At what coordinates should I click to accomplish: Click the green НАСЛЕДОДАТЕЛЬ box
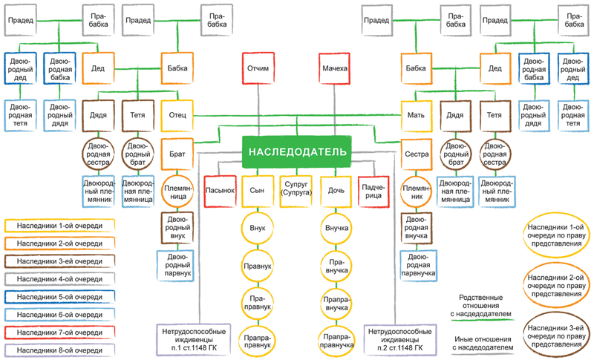click(296, 152)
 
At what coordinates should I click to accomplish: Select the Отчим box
click(258, 68)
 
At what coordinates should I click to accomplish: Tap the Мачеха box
click(335, 68)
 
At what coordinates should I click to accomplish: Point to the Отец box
click(177, 115)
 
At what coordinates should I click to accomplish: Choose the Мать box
click(417, 116)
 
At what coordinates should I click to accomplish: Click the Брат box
click(177, 154)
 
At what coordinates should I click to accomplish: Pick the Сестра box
click(417, 154)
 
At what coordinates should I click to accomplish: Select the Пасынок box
click(220, 191)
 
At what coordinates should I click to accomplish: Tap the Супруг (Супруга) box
click(296, 191)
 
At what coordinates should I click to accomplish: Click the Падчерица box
click(373, 192)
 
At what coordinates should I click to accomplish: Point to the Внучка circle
click(336, 229)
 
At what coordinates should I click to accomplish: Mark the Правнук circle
click(258, 266)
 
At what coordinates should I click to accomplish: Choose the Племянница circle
click(177, 192)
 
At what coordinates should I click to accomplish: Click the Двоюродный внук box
click(177, 228)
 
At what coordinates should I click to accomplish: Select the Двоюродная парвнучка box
click(418, 266)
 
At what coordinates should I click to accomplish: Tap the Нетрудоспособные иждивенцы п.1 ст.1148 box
click(194, 340)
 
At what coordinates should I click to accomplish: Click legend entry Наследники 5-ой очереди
click(59, 297)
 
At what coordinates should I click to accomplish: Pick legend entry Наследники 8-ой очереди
click(59, 350)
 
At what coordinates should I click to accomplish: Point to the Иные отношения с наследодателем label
click(483, 344)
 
